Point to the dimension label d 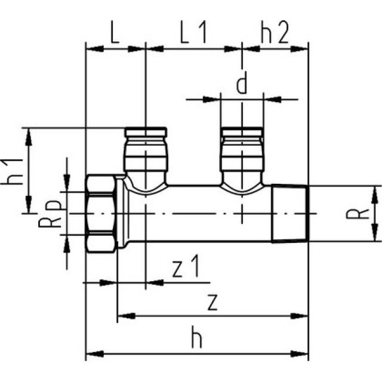point(241,84)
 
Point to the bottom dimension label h point(196,339)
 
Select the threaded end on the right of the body point(289,213)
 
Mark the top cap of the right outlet point(242,131)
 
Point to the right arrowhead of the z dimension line point(304,315)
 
